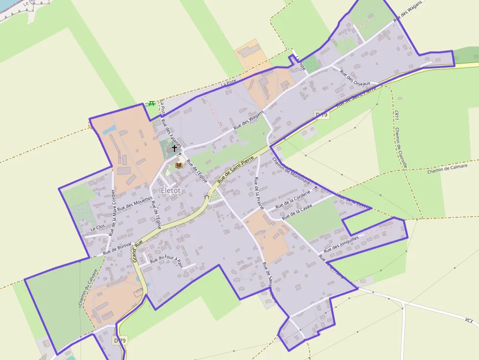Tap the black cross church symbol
tap(174, 148)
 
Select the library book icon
tap(178, 165)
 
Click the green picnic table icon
tap(152, 103)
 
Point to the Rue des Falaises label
tap(171, 133)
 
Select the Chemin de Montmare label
tap(291, 170)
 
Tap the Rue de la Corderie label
tap(293, 198)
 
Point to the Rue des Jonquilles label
tap(341, 244)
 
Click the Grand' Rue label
tap(137, 251)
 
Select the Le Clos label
tap(97, 228)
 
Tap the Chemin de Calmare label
tap(447, 169)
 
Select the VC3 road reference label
tap(469, 321)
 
